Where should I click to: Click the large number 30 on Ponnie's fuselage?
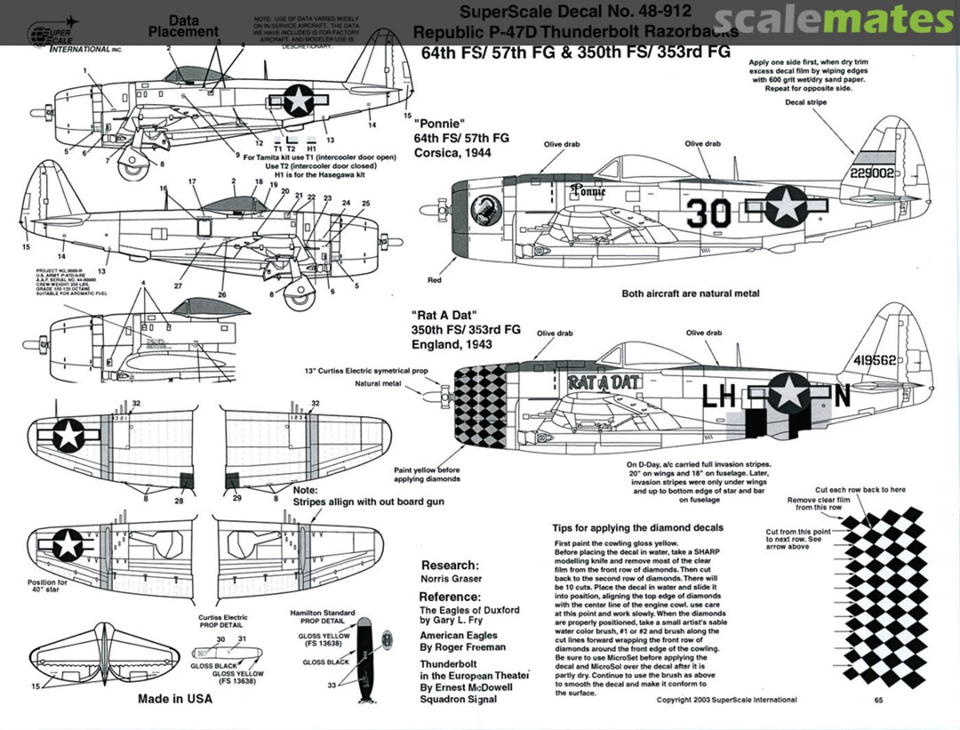click(708, 213)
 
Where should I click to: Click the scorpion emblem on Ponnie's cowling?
click(488, 210)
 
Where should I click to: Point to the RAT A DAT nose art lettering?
click(604, 383)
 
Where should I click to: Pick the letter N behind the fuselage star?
click(842, 394)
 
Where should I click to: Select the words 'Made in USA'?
click(175, 699)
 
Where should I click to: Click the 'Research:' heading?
click(450, 566)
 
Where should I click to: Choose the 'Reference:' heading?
click(450, 597)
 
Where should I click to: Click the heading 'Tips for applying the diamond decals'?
click(637, 527)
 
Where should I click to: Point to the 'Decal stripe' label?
click(806, 102)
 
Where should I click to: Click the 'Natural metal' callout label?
click(378, 384)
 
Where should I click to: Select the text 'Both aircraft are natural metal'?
click(691, 293)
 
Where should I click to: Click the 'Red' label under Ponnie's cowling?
click(435, 280)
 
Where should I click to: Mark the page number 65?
click(877, 700)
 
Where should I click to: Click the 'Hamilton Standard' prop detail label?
click(323, 614)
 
